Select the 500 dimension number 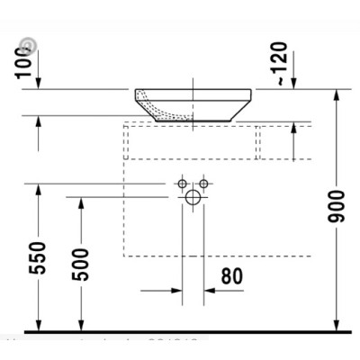coord(81,263)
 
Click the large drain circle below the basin coord(192,199)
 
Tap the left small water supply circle coord(181,184)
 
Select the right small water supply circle coord(203,184)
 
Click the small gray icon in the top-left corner coord(30,43)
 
